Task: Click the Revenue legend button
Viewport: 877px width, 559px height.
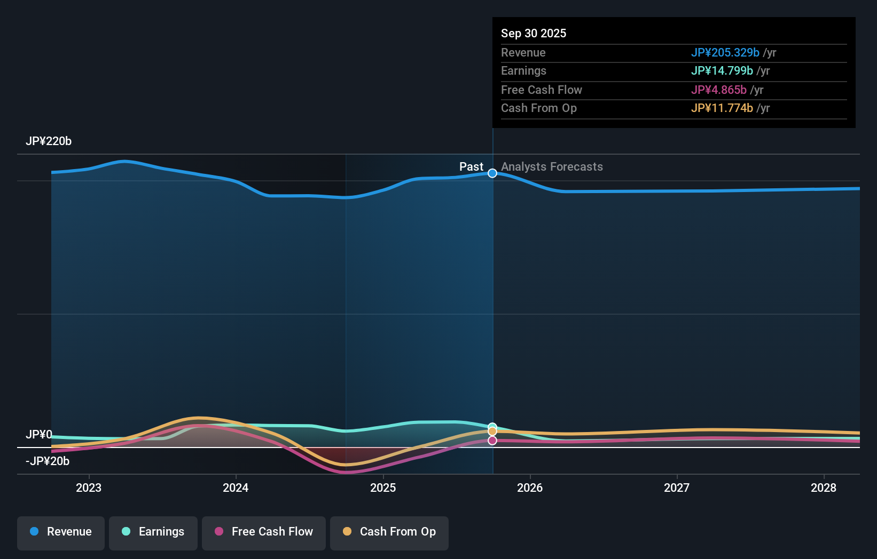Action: [x=61, y=532]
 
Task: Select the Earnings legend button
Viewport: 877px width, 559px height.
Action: [x=153, y=532]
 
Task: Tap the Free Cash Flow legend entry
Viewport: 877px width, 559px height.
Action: [x=264, y=532]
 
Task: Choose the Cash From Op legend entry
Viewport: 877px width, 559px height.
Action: [x=389, y=532]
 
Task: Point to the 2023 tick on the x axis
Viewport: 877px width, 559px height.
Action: [x=89, y=488]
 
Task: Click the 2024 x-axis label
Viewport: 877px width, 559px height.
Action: [x=236, y=488]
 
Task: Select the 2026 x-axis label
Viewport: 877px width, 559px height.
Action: [x=530, y=488]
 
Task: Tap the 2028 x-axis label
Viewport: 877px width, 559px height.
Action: [x=824, y=488]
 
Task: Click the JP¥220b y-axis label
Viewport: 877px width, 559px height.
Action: [x=49, y=141]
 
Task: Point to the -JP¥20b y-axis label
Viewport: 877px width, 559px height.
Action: [x=48, y=461]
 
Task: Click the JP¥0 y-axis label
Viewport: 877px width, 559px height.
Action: [x=39, y=435]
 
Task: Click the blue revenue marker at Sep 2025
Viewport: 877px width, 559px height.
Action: [x=492, y=173]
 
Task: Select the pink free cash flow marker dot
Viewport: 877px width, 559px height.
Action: [x=492, y=441]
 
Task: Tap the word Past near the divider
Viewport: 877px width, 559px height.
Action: [x=471, y=167]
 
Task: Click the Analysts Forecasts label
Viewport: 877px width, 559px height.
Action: [x=552, y=167]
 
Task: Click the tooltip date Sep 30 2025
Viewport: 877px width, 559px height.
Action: [x=534, y=34]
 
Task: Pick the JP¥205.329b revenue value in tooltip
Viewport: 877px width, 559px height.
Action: [x=725, y=53]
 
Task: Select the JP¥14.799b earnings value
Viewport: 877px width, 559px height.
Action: [x=722, y=71]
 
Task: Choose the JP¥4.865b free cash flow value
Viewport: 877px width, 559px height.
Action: [x=718, y=90]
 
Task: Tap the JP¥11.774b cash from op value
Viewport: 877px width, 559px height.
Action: [x=722, y=108]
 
